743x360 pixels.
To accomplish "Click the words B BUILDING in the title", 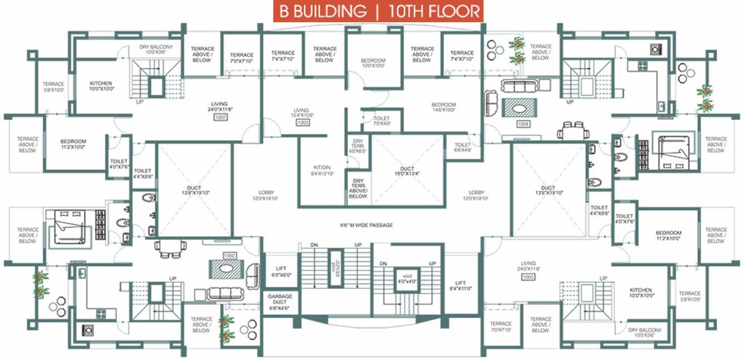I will (x=323, y=11).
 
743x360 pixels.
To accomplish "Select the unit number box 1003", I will (x=303, y=122).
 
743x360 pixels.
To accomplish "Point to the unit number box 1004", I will (x=523, y=124).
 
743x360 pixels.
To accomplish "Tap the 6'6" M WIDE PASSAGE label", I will (x=366, y=225).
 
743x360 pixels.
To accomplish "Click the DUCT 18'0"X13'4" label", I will (x=407, y=171).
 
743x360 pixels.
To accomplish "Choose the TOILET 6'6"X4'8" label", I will (x=462, y=147).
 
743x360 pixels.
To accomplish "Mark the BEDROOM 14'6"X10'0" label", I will (x=443, y=107).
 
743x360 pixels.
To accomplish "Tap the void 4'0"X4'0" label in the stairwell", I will (x=403, y=277).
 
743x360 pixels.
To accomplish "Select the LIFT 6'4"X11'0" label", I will (x=460, y=285).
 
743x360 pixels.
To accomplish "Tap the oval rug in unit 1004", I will (x=518, y=107).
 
